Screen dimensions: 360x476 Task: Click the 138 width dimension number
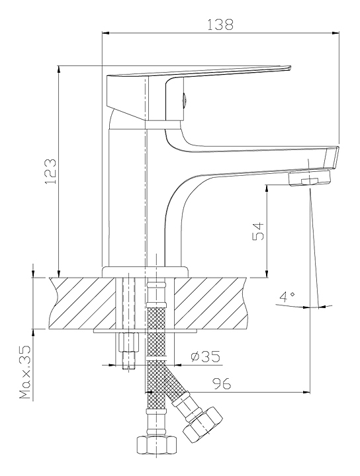pos(220,24)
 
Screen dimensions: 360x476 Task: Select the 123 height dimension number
pos(51,171)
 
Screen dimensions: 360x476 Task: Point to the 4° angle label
pos(287,297)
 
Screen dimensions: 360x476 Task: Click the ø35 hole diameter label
pos(206,356)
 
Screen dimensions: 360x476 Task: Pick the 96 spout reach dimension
pos(222,383)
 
